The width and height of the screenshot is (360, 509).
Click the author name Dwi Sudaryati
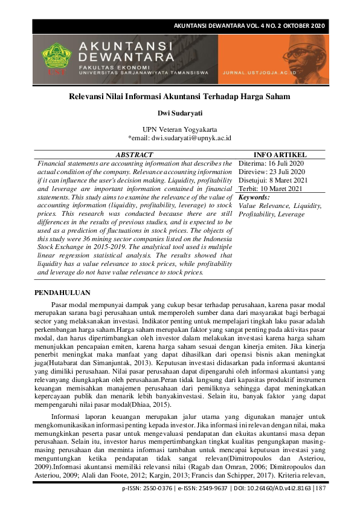(179, 112)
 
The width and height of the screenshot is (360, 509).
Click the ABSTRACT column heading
(133, 155)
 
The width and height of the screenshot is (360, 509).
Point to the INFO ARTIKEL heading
(281, 155)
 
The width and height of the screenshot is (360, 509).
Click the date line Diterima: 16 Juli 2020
(271, 164)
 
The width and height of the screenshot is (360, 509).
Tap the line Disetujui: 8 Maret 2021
(274, 181)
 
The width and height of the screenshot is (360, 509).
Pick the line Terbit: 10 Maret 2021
(270, 189)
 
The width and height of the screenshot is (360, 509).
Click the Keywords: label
(254, 198)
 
